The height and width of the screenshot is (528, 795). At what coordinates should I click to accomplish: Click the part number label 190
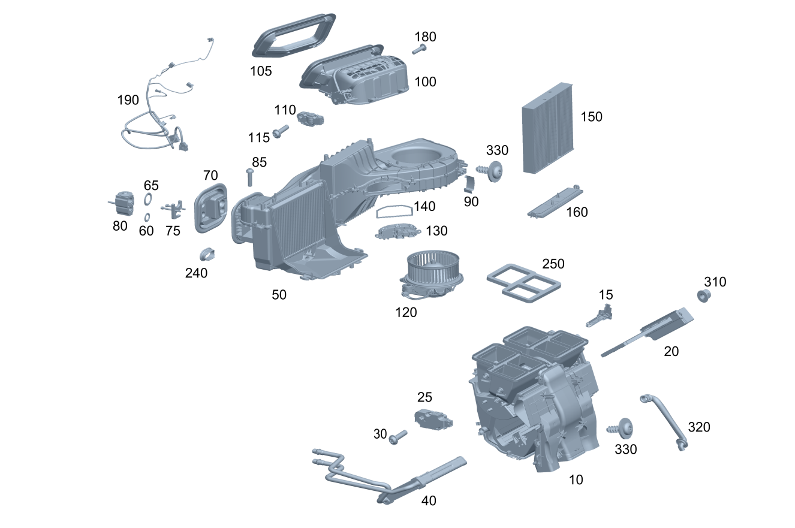(x=128, y=100)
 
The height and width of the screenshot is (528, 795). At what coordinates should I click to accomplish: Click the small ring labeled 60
(x=147, y=216)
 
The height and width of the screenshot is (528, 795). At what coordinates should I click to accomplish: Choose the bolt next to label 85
(x=250, y=177)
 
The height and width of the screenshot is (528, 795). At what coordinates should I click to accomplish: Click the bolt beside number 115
(x=280, y=132)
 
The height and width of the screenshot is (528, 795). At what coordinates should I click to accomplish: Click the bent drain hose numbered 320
(x=665, y=420)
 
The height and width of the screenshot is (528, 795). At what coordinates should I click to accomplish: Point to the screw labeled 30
(x=397, y=437)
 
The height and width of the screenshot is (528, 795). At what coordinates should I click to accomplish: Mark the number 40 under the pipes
(x=429, y=500)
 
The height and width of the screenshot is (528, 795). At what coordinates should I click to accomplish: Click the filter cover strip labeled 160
(x=556, y=201)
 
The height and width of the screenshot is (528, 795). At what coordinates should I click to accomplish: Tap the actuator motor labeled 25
(x=433, y=418)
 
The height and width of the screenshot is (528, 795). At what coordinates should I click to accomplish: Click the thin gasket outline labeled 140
(x=394, y=210)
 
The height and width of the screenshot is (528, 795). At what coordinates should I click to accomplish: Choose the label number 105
(x=261, y=71)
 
